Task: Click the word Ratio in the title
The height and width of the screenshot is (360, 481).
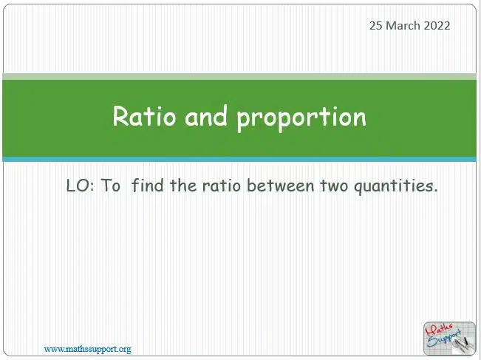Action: (144, 116)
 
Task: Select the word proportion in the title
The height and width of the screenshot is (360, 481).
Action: (301, 119)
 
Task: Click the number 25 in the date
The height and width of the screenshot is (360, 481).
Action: (375, 26)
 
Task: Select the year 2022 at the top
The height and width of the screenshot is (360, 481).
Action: (437, 26)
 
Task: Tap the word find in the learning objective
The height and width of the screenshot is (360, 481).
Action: (148, 186)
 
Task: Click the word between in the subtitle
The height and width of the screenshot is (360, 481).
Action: (281, 186)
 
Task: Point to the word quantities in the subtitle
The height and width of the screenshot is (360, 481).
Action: (396, 187)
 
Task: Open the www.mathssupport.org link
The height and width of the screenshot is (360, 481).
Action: (87, 349)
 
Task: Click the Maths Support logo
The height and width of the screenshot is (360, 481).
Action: (449, 339)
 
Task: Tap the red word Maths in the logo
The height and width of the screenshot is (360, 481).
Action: (439, 330)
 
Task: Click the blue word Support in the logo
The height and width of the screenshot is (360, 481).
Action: (444, 339)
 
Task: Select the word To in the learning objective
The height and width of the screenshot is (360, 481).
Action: (110, 186)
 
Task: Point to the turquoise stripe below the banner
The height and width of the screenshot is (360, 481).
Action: (239, 159)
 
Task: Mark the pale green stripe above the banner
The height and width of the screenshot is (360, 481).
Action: (239, 76)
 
